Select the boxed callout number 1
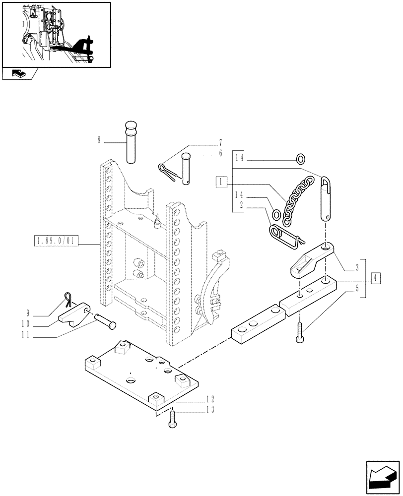click(221, 182)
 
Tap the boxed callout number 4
click(376, 278)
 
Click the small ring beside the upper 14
click(300, 159)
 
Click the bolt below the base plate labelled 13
click(172, 418)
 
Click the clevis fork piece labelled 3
click(310, 258)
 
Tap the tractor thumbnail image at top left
click(56, 34)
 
